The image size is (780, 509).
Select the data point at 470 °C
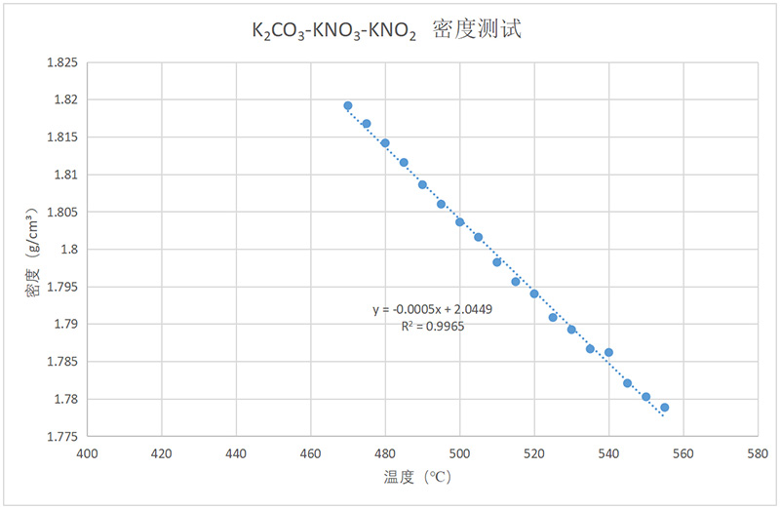click(x=348, y=105)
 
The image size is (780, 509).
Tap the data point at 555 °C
click(x=664, y=408)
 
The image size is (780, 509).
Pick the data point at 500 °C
click(x=459, y=221)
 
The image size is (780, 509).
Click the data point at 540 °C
click(x=608, y=352)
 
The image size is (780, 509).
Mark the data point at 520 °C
click(x=534, y=294)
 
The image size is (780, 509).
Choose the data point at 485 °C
click(x=404, y=162)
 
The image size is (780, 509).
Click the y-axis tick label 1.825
click(x=62, y=62)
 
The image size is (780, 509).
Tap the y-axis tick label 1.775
click(x=62, y=437)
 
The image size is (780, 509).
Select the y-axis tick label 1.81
click(x=66, y=175)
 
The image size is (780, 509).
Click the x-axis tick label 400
click(x=88, y=453)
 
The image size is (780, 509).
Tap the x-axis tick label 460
click(x=311, y=453)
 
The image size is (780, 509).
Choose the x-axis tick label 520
click(x=534, y=453)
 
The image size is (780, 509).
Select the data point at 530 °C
click(x=571, y=329)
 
